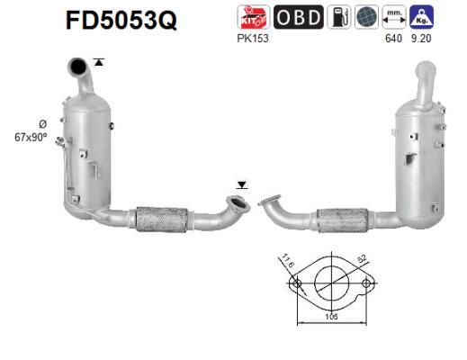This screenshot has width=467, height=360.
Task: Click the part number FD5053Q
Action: pos(121,20)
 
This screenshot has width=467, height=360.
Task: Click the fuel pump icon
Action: pos(339,18)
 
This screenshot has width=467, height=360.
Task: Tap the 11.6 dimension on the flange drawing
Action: pos(287,262)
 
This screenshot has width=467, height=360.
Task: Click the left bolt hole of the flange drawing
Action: pos(294,284)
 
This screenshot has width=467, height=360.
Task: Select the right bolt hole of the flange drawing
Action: pos(365,284)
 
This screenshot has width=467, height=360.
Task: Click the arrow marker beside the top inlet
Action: pos(98,62)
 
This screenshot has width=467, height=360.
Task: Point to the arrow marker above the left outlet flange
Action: pos(240,184)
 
